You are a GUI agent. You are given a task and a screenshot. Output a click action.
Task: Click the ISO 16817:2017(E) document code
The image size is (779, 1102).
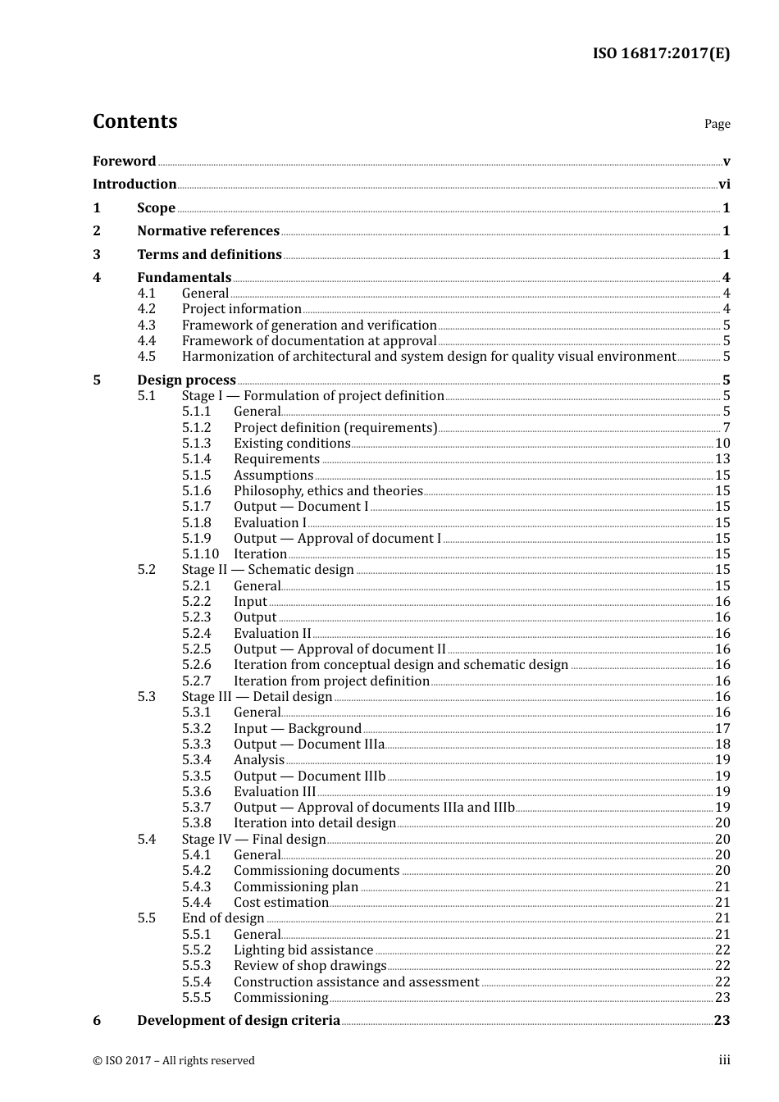(x=661, y=53)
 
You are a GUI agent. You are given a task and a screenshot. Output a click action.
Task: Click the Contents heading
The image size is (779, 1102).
(x=134, y=121)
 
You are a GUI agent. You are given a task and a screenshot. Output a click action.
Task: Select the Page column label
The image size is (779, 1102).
(x=717, y=124)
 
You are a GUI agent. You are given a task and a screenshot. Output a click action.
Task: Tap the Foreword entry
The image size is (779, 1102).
(x=124, y=161)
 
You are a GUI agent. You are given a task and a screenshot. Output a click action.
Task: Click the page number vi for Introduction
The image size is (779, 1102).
(x=724, y=184)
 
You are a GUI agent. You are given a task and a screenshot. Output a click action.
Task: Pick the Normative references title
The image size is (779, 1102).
(x=208, y=231)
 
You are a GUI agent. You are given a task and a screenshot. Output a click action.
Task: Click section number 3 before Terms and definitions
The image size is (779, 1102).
(x=97, y=254)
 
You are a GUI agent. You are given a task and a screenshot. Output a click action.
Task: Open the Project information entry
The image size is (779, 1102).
(x=241, y=309)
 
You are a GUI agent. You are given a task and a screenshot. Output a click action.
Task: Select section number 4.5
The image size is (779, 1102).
(x=146, y=357)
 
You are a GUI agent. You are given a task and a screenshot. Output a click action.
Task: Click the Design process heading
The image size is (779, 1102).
(x=186, y=380)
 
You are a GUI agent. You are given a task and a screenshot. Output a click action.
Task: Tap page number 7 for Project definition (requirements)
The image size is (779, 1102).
(x=726, y=427)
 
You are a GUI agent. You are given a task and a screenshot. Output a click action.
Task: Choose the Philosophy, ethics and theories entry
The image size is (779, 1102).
(x=328, y=491)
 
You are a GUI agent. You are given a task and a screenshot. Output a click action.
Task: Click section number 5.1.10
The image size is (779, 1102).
(x=200, y=554)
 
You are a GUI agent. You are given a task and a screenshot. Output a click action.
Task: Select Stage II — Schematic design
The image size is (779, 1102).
(x=267, y=570)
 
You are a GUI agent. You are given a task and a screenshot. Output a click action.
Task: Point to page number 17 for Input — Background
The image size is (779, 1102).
(x=722, y=728)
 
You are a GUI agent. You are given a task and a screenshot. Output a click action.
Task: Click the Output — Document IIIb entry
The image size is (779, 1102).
(x=309, y=776)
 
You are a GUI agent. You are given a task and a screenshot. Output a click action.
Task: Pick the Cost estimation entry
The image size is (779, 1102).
(x=280, y=903)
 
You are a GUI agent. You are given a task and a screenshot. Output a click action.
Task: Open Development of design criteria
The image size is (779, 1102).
(x=238, y=1021)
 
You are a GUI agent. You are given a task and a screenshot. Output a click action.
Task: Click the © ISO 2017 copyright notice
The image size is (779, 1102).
(x=174, y=1060)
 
